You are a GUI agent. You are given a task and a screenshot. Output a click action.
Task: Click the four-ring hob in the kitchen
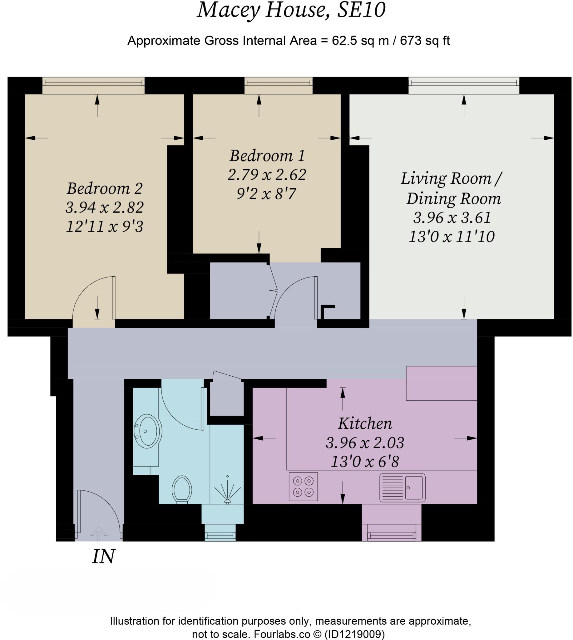303,487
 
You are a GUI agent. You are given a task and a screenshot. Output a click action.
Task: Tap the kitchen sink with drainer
402,487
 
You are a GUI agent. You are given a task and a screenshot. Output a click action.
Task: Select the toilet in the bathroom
182,489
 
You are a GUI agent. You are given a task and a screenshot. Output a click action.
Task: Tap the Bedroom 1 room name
267,156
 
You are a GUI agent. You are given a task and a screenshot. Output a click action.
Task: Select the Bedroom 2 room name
105,188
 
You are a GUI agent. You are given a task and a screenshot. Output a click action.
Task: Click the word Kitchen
365,423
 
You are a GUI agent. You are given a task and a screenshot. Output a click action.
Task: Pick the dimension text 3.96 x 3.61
452,217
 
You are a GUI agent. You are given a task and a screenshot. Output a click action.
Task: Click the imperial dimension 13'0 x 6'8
365,462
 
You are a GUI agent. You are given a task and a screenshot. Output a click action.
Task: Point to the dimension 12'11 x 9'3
105,227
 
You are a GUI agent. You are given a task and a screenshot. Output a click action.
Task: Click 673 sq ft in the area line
425,41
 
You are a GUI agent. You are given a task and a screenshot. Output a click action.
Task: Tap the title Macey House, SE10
291,10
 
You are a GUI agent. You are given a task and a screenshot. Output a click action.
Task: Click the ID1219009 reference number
354,634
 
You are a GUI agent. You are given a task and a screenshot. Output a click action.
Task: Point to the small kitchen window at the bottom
391,535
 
